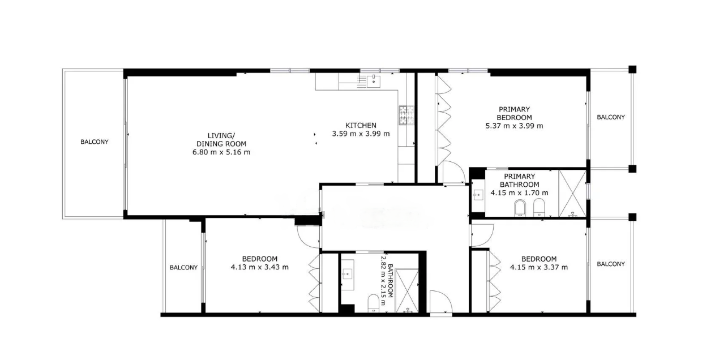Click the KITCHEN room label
coord(361,126)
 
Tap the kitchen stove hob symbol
coord(406,115)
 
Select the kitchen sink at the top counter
coord(373,81)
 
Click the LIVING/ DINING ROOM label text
coord(221,140)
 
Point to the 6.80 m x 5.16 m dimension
coord(221,152)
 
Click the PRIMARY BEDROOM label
coord(514,113)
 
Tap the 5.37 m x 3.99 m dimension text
coord(514,126)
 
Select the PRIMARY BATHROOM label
coord(519,181)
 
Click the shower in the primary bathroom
coord(573,194)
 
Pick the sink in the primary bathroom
coord(478,194)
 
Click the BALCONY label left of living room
coord(95,142)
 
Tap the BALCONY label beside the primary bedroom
coord(611,117)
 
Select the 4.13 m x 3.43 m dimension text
coord(259,267)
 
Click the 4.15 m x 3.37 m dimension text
coord(539,267)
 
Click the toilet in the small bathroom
coord(373,303)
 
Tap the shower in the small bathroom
coord(406,291)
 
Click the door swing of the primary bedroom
coord(453,172)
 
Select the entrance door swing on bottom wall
coord(441,302)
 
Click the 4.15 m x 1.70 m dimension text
coord(519,193)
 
